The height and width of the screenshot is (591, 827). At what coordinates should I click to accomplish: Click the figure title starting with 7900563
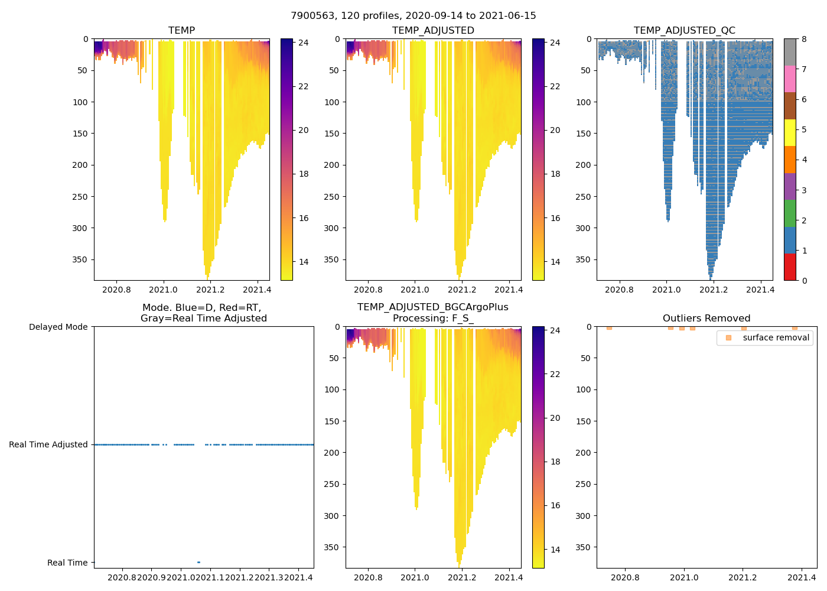tap(413, 16)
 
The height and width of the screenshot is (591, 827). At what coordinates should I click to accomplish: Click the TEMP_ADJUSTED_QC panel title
tap(684, 30)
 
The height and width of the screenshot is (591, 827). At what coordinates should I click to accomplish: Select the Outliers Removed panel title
tap(706, 318)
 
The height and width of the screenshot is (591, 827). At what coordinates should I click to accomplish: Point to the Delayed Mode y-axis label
tap(58, 327)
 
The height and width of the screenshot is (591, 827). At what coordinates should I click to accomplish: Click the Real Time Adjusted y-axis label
tap(48, 444)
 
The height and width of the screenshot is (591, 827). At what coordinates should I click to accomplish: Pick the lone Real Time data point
tap(198, 562)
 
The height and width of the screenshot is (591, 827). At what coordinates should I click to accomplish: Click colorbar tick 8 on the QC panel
tap(804, 39)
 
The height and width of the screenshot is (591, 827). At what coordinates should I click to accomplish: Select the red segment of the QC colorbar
tap(790, 267)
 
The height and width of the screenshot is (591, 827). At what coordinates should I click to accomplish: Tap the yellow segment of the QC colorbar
tap(790, 132)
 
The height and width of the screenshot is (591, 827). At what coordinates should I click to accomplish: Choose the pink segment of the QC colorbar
tap(790, 79)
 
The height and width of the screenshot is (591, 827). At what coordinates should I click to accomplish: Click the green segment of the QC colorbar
tap(790, 213)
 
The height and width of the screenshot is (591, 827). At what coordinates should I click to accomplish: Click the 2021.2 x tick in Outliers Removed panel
tap(743, 577)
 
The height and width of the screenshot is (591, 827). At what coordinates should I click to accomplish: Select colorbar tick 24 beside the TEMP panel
tap(303, 43)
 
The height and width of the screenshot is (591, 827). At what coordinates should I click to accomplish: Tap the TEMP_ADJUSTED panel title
tap(433, 30)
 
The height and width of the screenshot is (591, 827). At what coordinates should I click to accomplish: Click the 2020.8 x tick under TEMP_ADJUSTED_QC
tap(619, 290)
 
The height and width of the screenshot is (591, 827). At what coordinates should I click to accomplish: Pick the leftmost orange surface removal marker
tap(609, 327)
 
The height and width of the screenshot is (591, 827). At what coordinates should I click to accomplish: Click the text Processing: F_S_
tap(433, 318)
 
